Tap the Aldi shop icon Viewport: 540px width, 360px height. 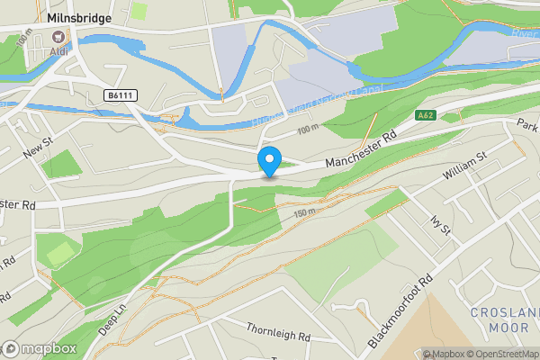tap(60, 36)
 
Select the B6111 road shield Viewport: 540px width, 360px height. tap(120, 94)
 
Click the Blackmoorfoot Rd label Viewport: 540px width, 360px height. tap(402, 312)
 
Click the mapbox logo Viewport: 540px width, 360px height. tap(40, 348)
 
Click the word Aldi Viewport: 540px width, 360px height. tap(59, 50)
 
